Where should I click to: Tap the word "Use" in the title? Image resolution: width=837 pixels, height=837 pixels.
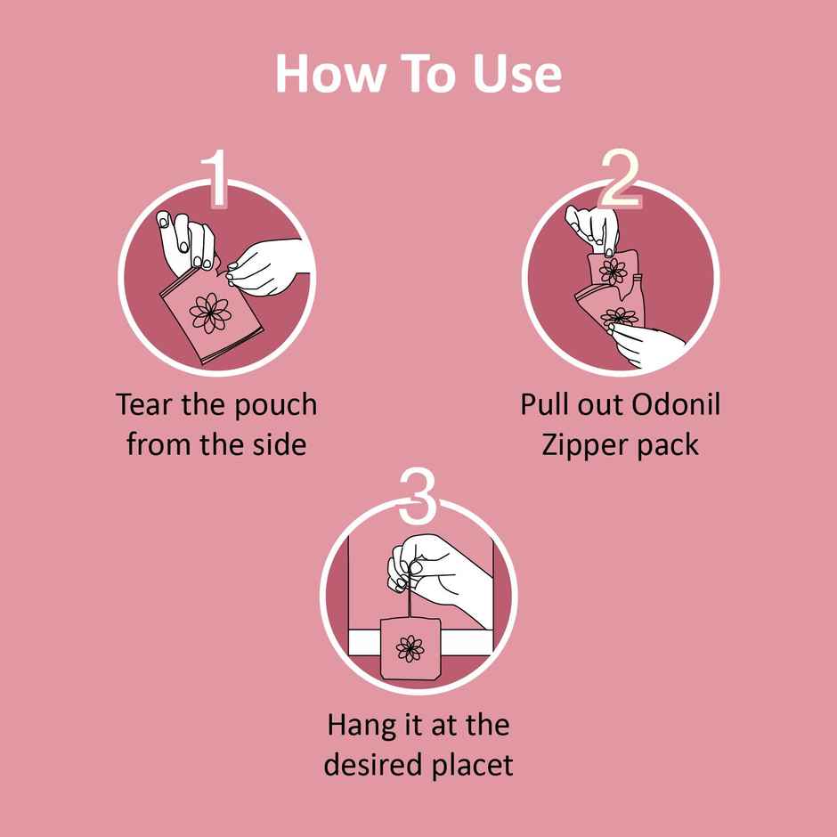516,74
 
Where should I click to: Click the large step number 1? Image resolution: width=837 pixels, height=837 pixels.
215,178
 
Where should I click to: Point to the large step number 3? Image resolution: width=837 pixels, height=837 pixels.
418,496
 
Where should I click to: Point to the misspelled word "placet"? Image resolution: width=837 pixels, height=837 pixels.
474,765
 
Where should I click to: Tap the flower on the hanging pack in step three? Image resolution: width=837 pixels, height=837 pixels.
410,649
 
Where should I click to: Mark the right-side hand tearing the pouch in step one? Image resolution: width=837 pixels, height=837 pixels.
267,267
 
